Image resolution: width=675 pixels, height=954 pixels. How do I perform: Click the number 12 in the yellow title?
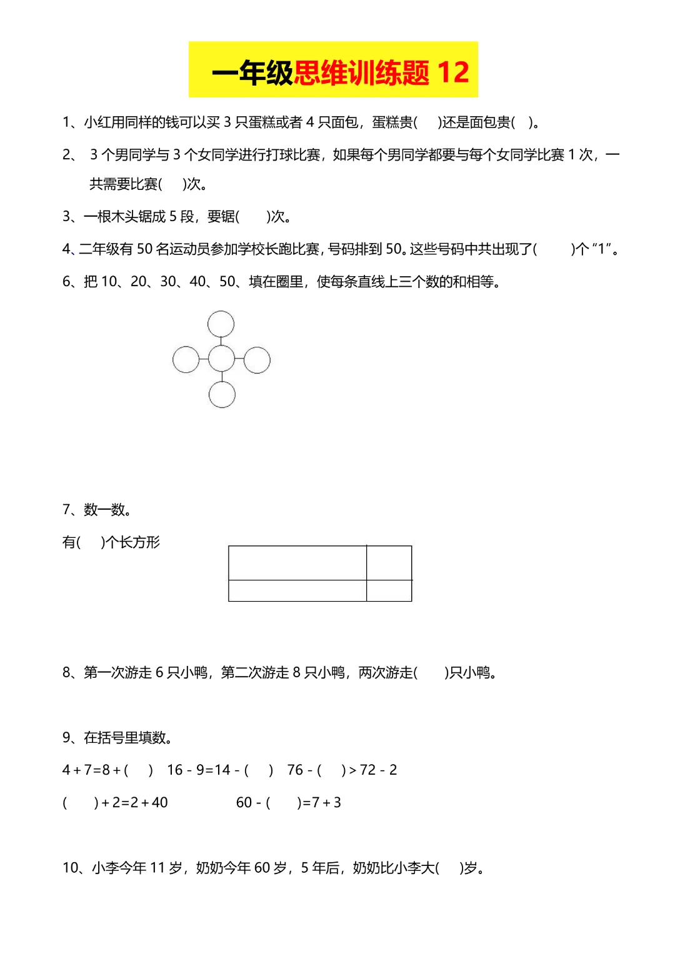[453, 72]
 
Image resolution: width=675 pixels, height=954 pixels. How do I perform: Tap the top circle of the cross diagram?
[221, 324]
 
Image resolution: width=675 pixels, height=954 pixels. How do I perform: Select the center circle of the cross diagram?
[221, 359]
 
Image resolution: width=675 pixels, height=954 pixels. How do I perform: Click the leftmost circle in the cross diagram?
[186, 360]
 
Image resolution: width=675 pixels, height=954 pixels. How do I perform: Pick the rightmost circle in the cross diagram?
[257, 360]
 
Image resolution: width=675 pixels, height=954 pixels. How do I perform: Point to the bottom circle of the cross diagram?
[222, 395]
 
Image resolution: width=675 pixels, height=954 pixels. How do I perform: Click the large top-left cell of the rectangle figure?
[297, 563]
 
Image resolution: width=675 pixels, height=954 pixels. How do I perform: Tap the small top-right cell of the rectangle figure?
[389, 563]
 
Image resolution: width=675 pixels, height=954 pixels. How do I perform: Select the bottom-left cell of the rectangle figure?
[297, 590]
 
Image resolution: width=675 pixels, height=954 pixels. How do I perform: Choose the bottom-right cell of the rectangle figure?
[389, 590]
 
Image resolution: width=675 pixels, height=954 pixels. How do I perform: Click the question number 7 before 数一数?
[66, 510]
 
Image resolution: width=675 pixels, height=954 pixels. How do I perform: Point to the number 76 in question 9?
[295, 770]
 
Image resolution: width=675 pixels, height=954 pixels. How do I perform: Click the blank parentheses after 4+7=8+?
[138, 770]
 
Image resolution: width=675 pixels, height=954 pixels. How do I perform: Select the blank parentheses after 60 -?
[284, 803]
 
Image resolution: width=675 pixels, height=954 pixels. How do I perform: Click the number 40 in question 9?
[159, 803]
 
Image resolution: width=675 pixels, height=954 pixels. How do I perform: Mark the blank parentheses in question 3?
[252, 217]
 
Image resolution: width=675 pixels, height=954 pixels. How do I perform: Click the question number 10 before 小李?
[71, 868]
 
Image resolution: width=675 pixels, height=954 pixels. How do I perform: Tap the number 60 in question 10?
[262, 868]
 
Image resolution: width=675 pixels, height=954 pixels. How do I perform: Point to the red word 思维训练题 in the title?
[362, 73]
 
